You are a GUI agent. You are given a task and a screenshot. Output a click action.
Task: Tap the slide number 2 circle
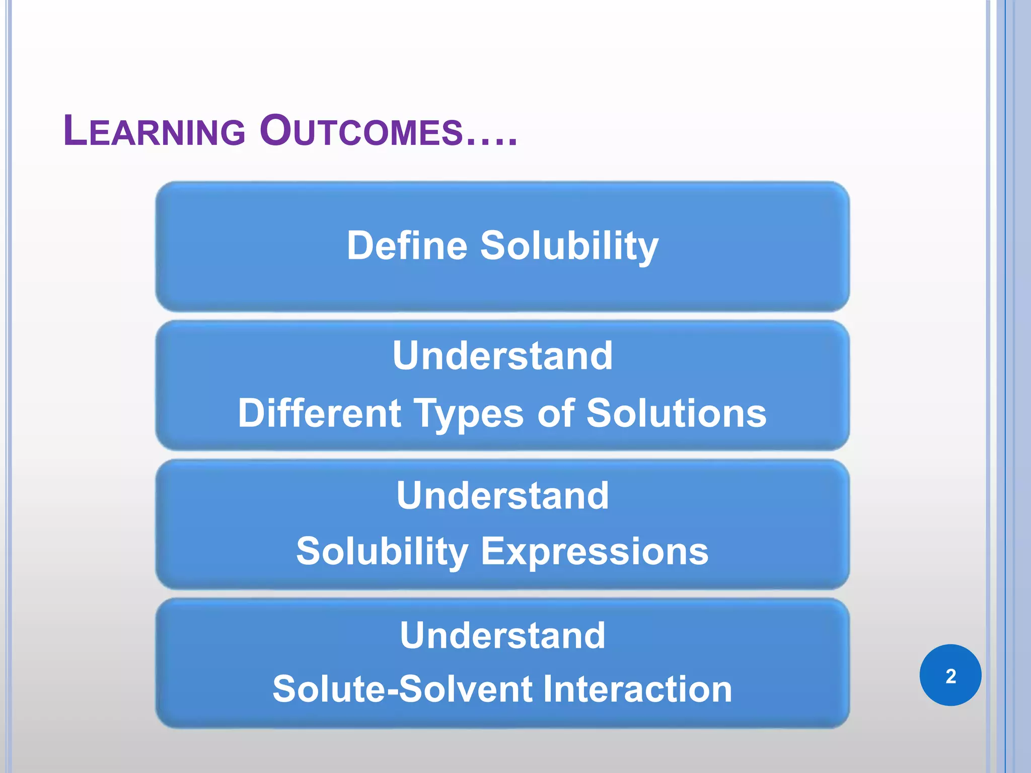(950, 675)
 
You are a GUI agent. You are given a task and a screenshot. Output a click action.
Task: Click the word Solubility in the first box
(569, 246)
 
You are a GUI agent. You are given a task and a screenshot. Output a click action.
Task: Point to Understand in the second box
(502, 356)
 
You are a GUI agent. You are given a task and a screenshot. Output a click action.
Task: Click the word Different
(319, 413)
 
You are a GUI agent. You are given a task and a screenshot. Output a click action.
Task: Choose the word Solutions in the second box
(676, 413)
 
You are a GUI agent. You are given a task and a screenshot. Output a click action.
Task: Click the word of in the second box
(556, 413)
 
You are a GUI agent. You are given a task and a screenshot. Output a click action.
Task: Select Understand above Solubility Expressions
(502, 496)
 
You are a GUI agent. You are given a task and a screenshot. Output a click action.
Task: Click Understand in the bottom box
(502, 636)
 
